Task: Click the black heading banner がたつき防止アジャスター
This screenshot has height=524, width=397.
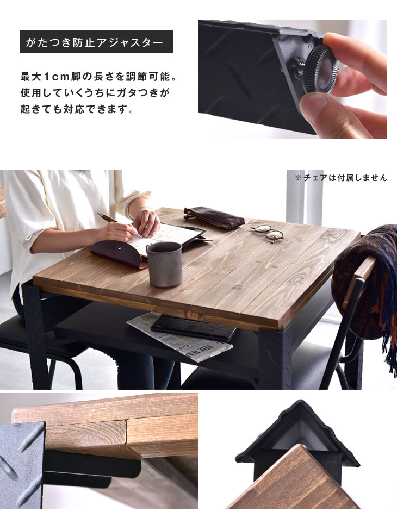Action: click(96, 42)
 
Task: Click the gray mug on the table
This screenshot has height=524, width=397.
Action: click(165, 264)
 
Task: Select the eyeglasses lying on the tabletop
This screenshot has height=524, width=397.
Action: click(267, 233)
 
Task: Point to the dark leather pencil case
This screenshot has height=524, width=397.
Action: click(214, 217)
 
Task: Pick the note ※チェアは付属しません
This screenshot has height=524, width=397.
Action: click(340, 178)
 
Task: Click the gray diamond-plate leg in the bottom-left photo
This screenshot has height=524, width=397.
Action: click(22, 465)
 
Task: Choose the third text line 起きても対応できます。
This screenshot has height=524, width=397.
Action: click(77, 109)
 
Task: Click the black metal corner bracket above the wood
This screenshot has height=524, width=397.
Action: click(297, 434)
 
